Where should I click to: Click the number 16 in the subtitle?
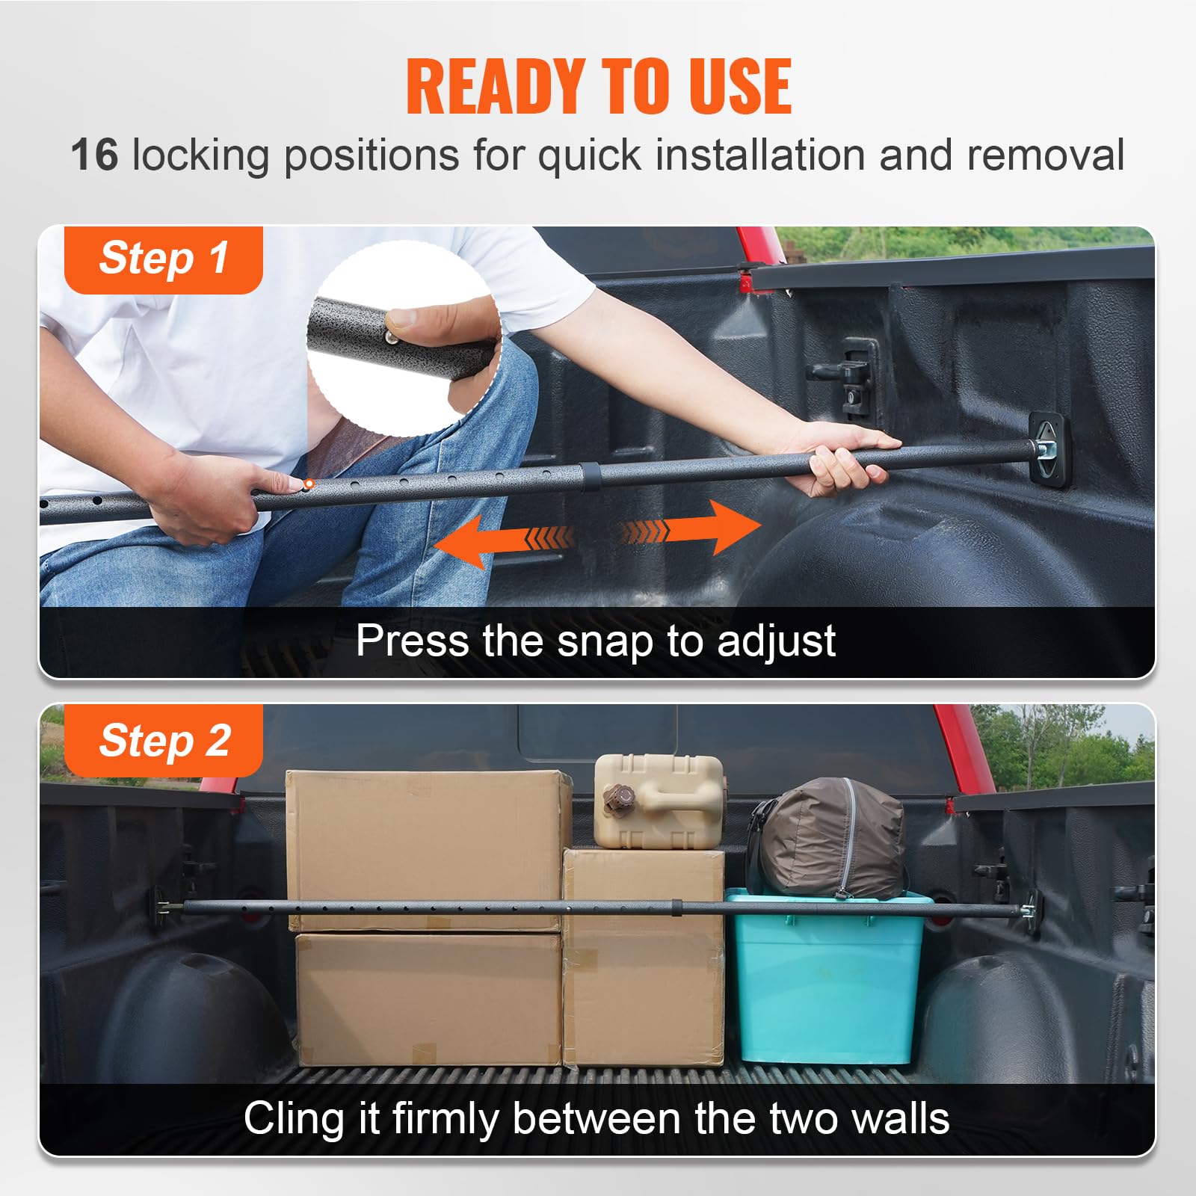tap(95, 155)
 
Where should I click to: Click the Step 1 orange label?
tap(164, 259)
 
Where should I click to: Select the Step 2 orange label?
tap(164, 741)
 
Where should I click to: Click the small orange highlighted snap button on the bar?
tap(309, 484)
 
